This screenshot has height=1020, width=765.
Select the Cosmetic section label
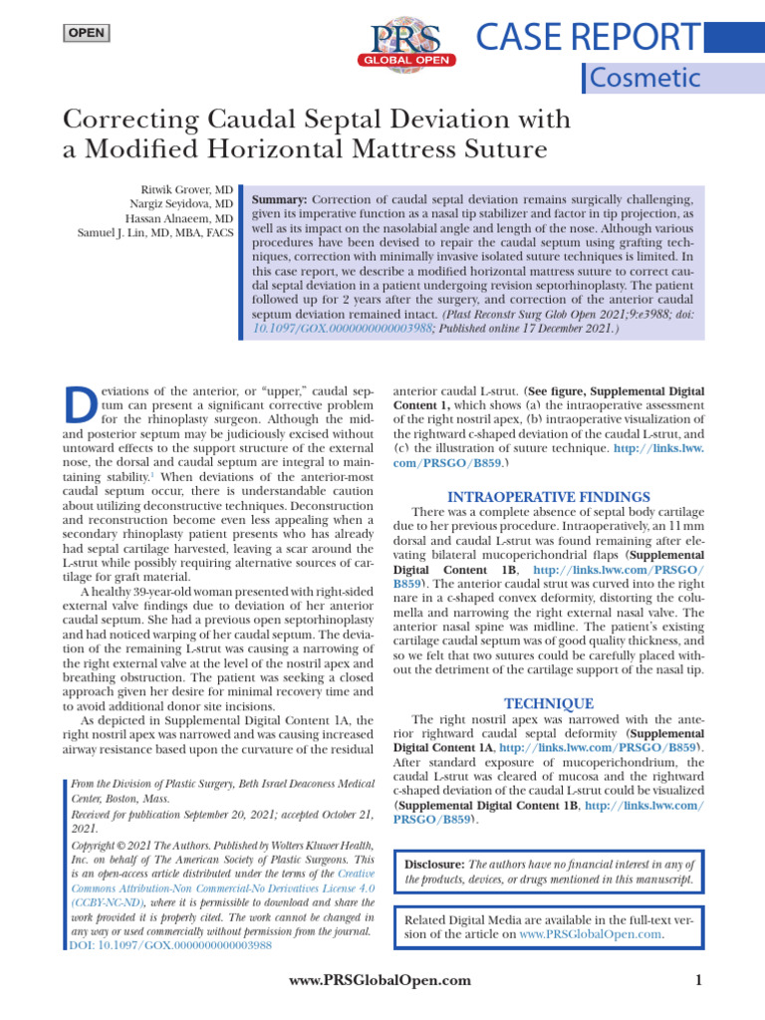point(644,78)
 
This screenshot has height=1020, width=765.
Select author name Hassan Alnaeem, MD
point(179,218)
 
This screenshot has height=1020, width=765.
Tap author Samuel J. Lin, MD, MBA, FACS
point(155,233)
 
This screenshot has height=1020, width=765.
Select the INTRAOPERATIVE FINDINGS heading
point(550,496)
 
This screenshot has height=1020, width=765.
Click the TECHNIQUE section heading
point(549,703)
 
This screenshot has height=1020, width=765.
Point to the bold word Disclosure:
point(434,864)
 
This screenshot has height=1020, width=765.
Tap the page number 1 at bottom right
point(699,981)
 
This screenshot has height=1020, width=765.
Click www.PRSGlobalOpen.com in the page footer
point(380,981)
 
